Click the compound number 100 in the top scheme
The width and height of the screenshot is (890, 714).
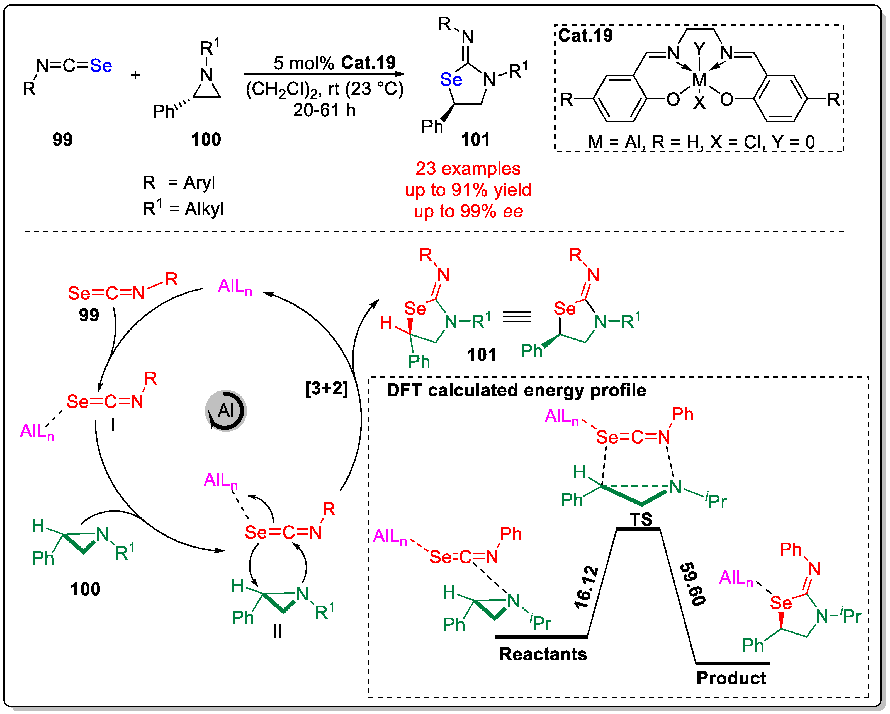[x=206, y=140]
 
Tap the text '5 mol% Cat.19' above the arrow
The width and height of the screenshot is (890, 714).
[x=334, y=63]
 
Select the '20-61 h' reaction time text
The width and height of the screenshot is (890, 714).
[x=324, y=110]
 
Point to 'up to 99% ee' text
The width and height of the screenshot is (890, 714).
[x=468, y=211]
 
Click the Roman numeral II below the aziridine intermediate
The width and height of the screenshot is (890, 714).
[x=278, y=631]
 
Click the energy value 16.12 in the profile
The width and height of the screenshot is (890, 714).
[x=587, y=587]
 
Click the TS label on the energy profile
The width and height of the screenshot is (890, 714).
[x=641, y=519]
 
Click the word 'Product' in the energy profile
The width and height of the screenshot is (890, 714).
[x=731, y=678]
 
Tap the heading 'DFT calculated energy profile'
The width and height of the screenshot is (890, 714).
[x=516, y=390]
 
